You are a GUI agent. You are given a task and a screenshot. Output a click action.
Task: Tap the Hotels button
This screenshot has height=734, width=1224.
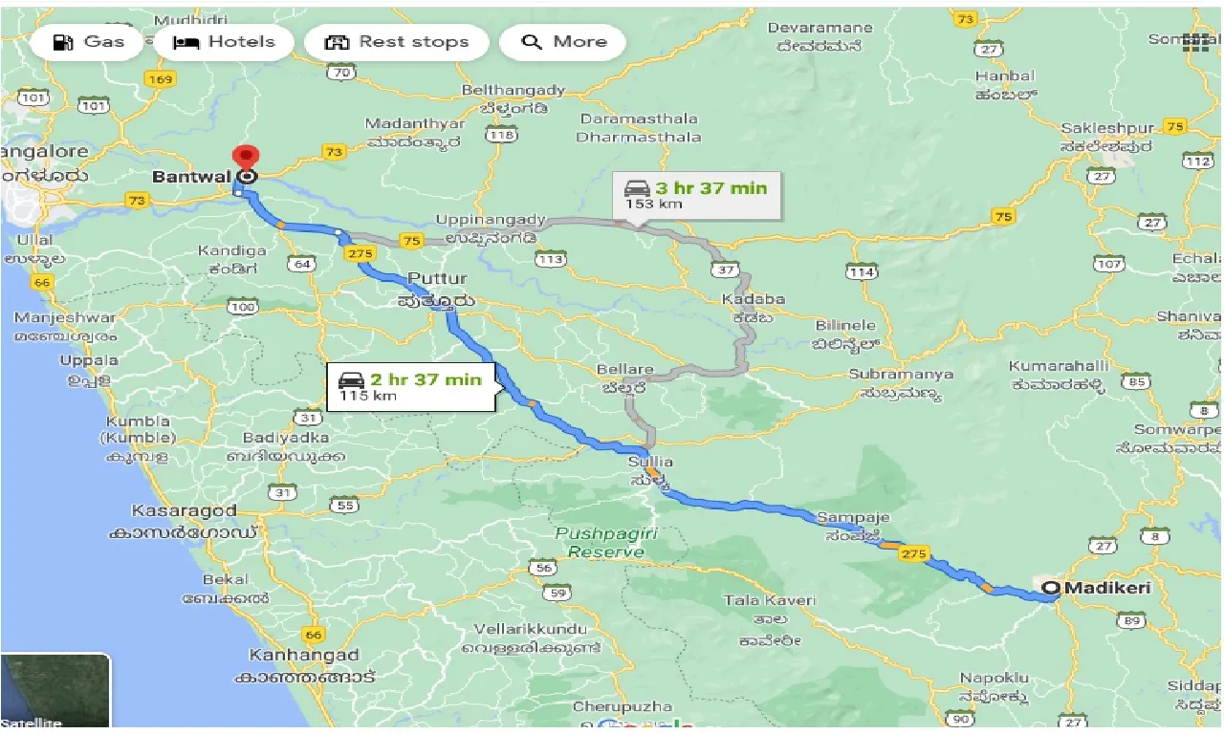click(x=224, y=42)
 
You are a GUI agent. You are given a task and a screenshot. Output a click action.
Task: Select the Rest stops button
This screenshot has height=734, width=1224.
click(x=397, y=42)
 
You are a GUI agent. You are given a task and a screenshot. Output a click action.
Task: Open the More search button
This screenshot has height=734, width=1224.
click(x=564, y=42)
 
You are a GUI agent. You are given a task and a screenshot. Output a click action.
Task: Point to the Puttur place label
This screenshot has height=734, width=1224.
click(x=438, y=279)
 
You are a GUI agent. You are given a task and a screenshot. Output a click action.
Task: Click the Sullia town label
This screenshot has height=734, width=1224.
click(x=650, y=462)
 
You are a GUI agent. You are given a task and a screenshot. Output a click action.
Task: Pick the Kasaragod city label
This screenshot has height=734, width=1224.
click(x=185, y=510)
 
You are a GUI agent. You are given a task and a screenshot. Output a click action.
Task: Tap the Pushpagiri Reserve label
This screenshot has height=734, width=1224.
click(x=606, y=542)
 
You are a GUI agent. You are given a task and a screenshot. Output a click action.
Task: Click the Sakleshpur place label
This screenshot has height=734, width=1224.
click(x=1109, y=128)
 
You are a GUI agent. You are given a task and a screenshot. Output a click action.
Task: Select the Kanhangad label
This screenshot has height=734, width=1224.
click(x=304, y=656)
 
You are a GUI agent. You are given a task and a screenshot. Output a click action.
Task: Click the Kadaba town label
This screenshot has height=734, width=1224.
click(x=754, y=299)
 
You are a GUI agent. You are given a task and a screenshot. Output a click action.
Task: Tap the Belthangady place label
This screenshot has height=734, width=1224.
click(x=514, y=90)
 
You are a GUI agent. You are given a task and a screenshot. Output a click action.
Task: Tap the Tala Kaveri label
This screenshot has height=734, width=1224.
click(x=770, y=600)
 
